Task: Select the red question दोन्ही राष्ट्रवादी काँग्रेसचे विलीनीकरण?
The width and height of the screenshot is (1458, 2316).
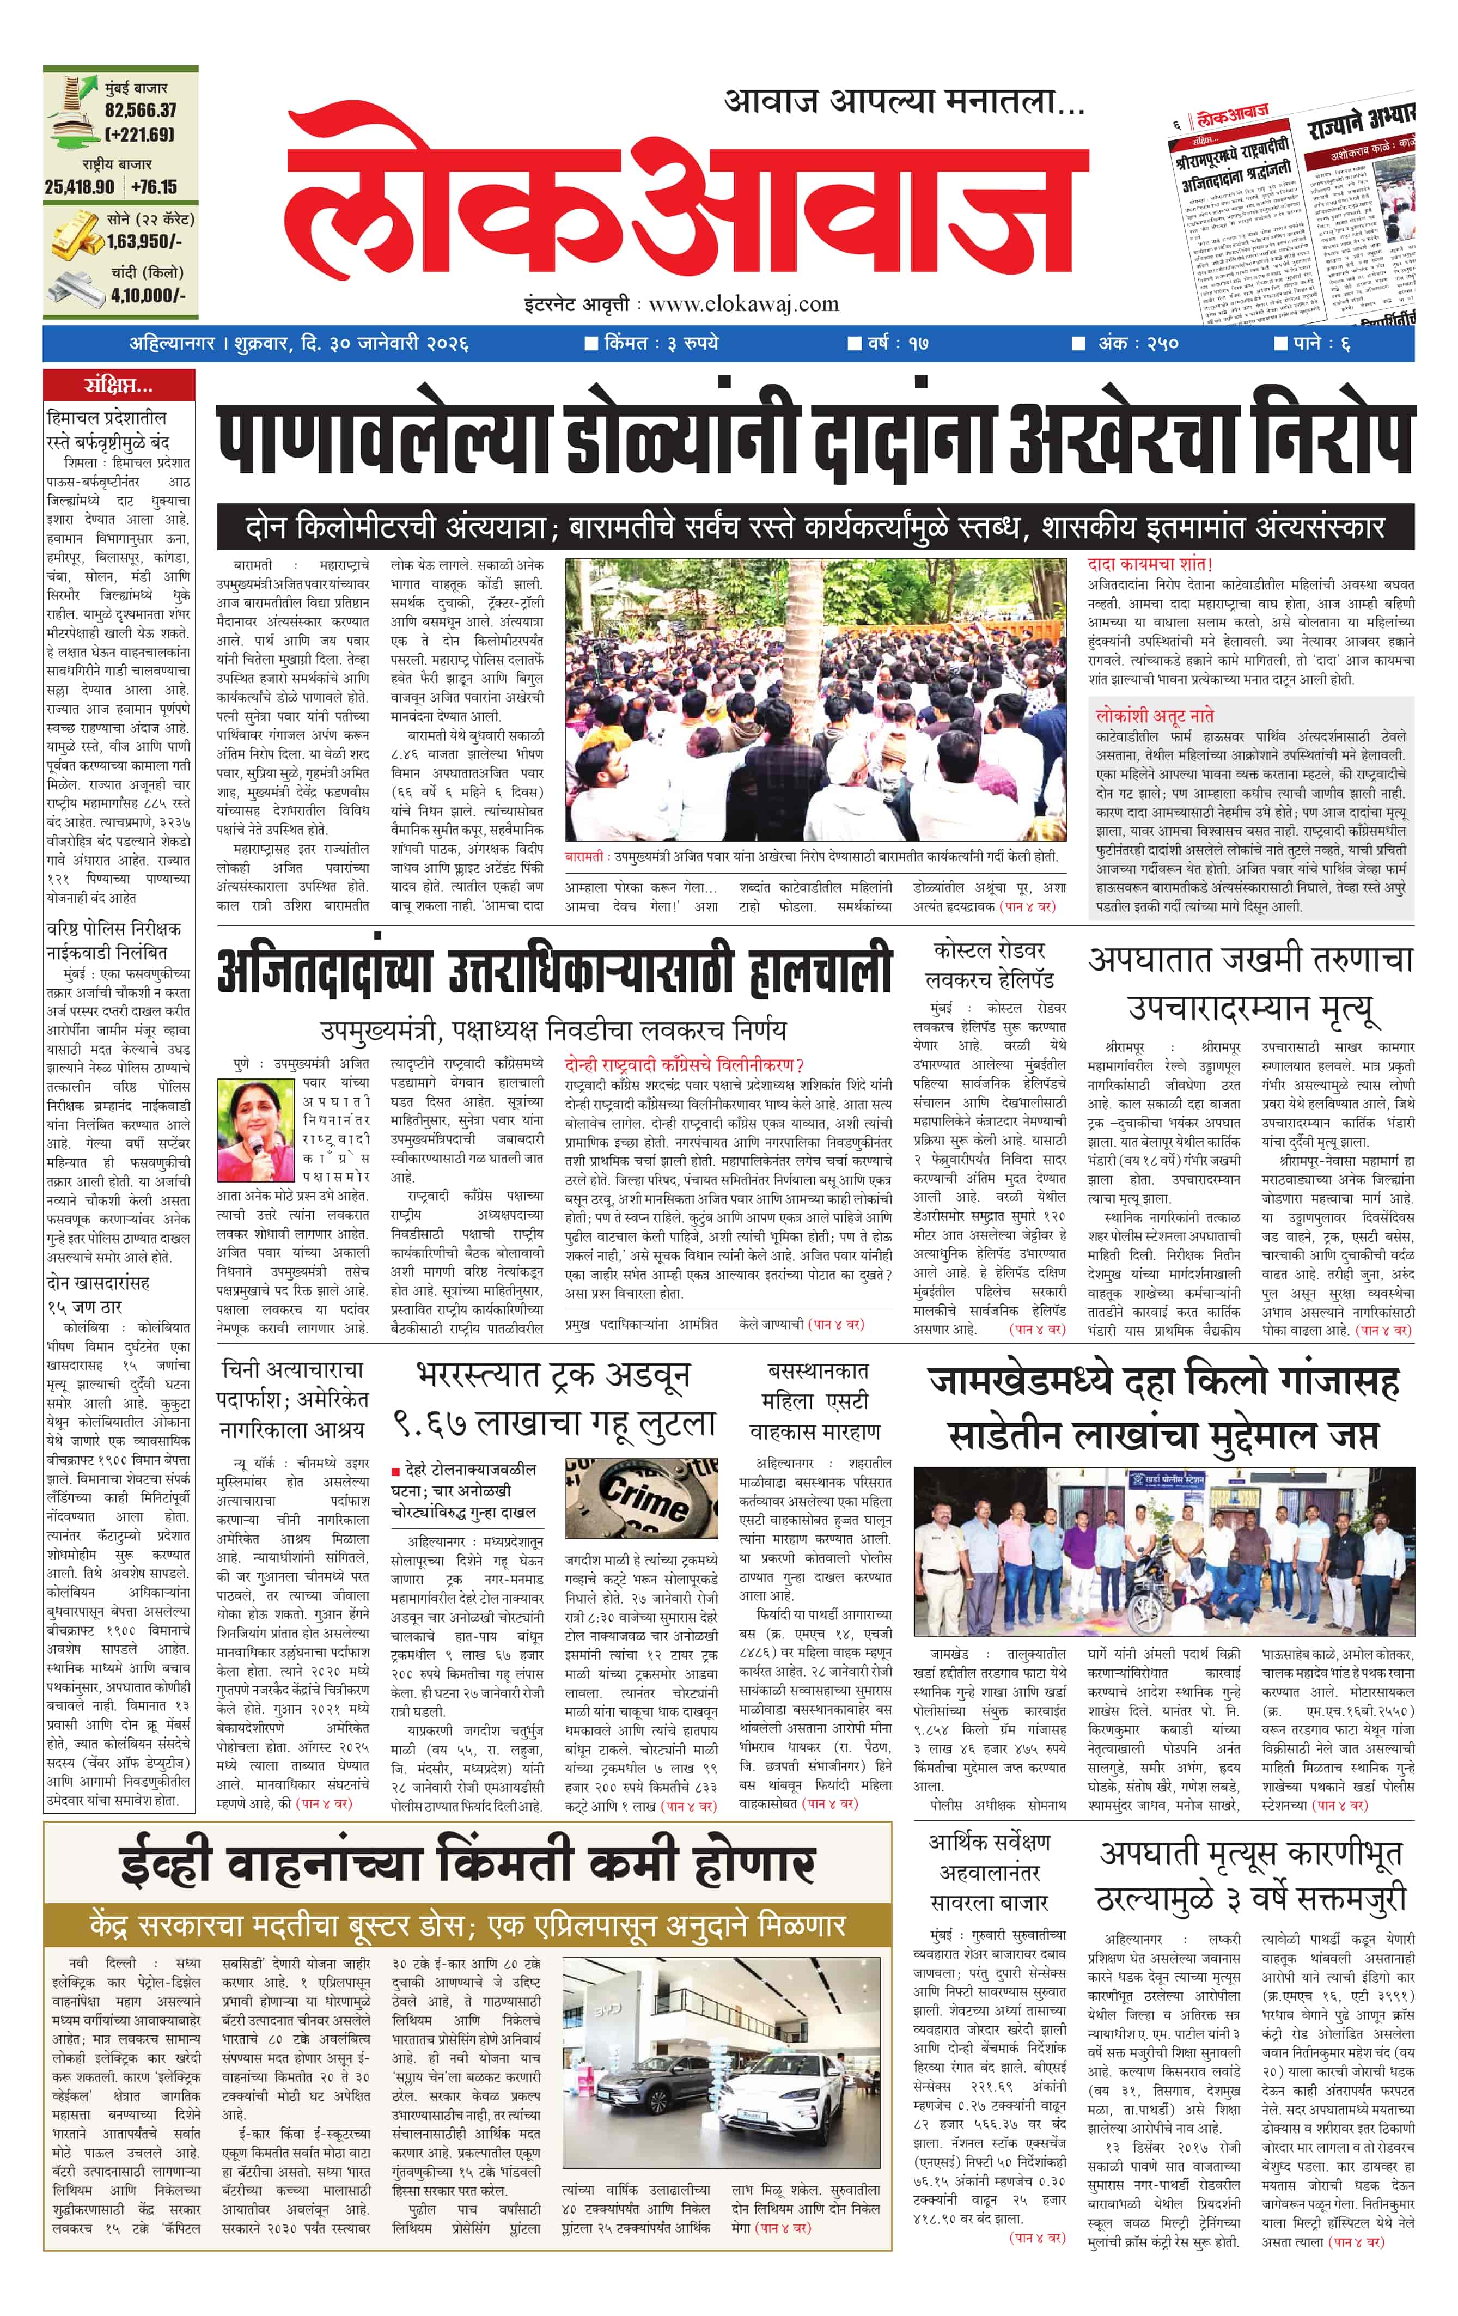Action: [x=684, y=1065]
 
